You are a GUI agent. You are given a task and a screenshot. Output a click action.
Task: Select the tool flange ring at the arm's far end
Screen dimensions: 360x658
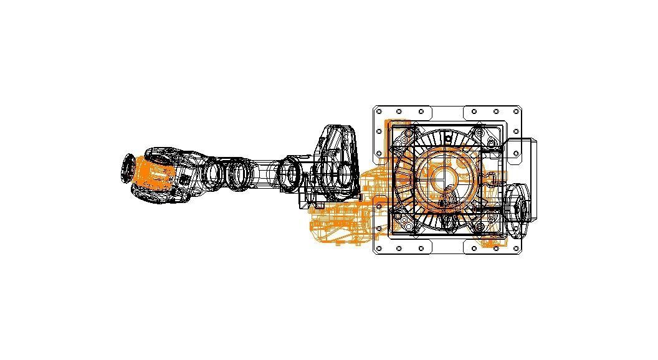point(127,169)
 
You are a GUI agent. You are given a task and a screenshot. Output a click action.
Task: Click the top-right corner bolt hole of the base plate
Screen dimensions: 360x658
point(516,112)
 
